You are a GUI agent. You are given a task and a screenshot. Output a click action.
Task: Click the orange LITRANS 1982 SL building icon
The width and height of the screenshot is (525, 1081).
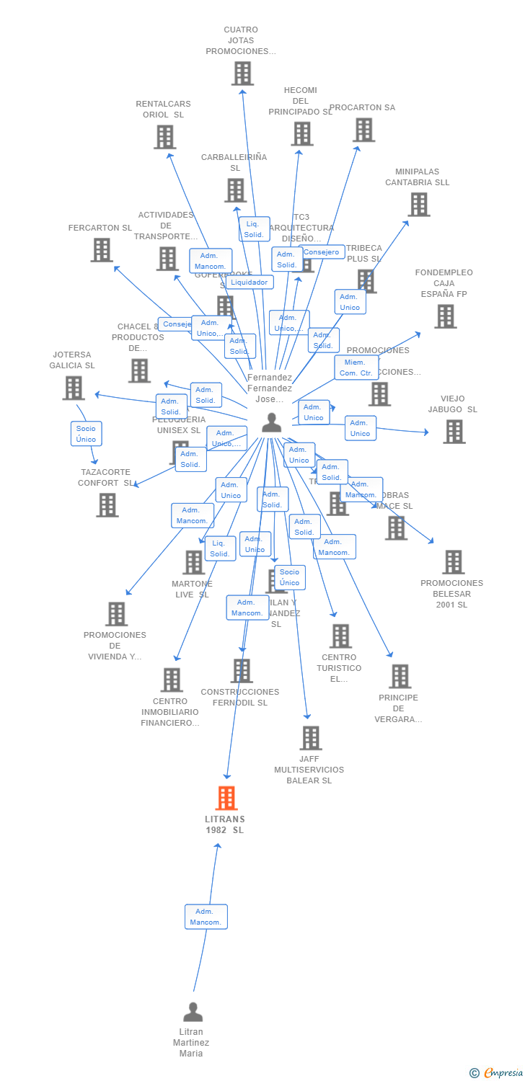(x=226, y=798)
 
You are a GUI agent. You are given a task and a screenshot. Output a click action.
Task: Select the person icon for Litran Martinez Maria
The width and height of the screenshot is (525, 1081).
(x=193, y=1013)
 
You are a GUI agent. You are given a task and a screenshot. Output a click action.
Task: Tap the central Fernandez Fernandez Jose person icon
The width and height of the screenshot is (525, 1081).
(x=271, y=422)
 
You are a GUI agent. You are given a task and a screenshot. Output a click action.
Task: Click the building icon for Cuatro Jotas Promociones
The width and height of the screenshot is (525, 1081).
(x=242, y=73)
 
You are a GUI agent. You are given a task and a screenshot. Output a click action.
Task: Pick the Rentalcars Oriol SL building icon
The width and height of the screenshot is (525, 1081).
(x=164, y=137)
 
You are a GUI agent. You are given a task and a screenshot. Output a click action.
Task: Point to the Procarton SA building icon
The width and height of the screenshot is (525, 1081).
(x=363, y=130)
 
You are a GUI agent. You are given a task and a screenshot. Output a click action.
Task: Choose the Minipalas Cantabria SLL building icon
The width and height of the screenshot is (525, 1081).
(x=418, y=205)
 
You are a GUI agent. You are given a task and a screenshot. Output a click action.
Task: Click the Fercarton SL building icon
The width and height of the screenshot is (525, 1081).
(x=102, y=249)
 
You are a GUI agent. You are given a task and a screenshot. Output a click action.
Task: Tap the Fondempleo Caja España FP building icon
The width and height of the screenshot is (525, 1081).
(x=445, y=316)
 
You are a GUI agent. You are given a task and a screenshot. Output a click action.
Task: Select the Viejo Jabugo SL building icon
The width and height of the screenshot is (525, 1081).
(x=454, y=431)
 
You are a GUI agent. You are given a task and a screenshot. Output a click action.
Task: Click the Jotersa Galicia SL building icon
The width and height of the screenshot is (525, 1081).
(x=73, y=388)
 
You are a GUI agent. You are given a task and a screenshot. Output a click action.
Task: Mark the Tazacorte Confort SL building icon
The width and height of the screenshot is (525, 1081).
(x=107, y=504)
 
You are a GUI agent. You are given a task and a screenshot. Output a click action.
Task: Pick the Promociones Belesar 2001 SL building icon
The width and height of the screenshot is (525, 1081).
(x=453, y=561)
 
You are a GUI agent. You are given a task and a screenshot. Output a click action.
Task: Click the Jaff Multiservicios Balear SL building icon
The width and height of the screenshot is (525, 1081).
(x=310, y=737)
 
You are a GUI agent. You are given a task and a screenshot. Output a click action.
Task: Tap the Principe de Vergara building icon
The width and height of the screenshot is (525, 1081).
(x=400, y=676)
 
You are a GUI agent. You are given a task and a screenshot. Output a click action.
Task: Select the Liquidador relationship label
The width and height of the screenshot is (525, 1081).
(x=250, y=283)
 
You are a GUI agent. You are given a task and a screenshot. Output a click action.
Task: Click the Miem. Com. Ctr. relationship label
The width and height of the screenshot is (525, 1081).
(x=356, y=368)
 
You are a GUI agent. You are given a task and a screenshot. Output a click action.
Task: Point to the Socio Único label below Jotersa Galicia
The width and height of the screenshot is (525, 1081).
(x=86, y=434)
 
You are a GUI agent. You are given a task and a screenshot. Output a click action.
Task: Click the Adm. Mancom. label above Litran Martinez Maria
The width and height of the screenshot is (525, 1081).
(x=206, y=917)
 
